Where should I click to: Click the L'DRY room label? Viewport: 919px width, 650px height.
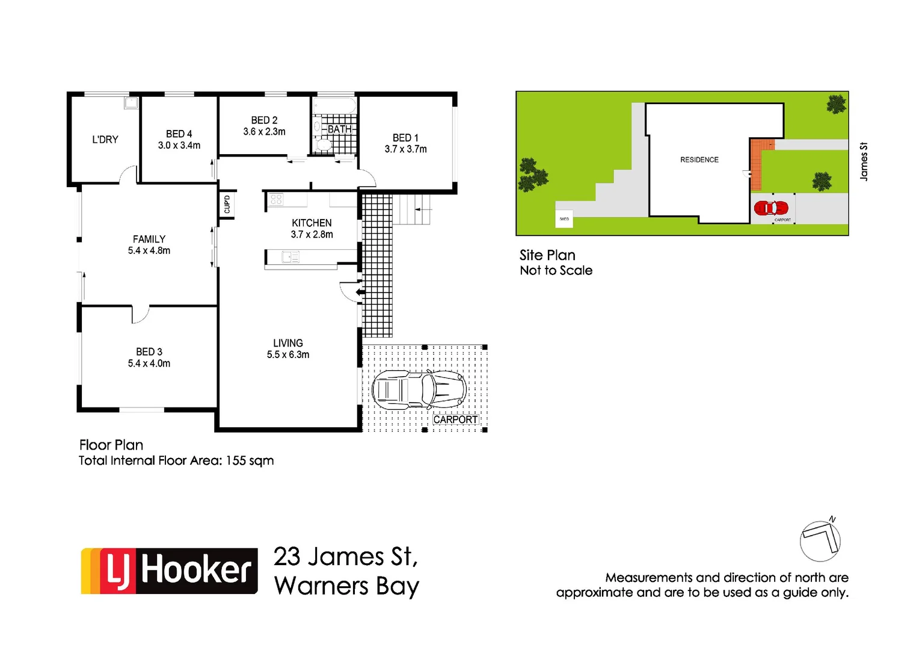pos(105,140)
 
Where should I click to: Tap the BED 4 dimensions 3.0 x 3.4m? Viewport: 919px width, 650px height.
pos(179,146)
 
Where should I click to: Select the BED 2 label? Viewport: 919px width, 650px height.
pos(264,120)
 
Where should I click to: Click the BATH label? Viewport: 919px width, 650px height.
pos(340,129)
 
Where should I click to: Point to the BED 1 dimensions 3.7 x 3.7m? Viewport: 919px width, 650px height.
pos(405,149)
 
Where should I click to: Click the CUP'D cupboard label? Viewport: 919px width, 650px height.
pos(227,205)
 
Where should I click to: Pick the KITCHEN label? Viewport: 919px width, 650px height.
pos(312,223)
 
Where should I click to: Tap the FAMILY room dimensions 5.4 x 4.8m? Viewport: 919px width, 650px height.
pos(149,251)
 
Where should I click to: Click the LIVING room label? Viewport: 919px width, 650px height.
pos(288,343)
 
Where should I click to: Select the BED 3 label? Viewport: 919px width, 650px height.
pos(149,351)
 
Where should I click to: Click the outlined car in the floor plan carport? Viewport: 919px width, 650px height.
pos(419,390)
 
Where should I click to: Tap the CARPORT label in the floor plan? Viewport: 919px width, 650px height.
pos(455,419)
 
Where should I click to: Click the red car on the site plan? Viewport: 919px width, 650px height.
pos(771,208)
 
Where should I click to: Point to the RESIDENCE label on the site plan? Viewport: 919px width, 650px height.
pos(699,159)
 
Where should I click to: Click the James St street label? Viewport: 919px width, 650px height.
pos(864,161)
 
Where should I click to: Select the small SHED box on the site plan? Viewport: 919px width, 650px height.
pos(564,219)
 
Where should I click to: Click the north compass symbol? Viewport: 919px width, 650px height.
pos(820,540)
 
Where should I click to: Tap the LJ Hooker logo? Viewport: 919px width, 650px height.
pos(170,571)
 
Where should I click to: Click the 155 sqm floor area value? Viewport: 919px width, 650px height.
pos(250,460)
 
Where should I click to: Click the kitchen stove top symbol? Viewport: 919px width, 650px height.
pos(276,199)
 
